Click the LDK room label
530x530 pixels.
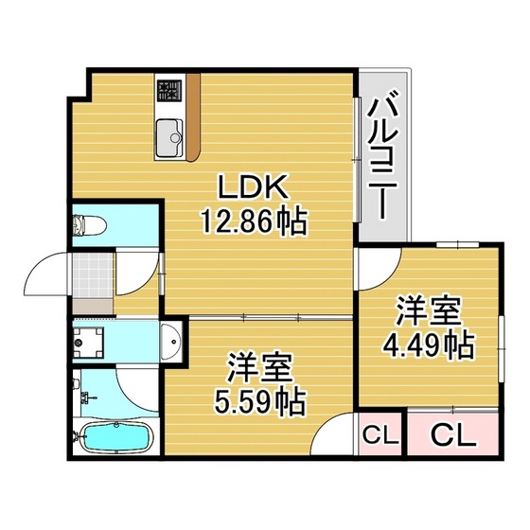[254, 186]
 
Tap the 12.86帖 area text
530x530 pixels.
[255, 221]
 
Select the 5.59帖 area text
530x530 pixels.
[260, 402]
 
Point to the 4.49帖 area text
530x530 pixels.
[429, 346]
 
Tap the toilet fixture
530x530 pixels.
[89, 223]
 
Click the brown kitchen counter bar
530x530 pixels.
[193, 117]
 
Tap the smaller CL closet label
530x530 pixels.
[380, 435]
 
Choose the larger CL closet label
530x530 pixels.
[453, 436]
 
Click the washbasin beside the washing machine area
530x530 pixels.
[171, 341]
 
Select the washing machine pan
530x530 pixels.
[88, 343]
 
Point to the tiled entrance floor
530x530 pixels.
[93, 274]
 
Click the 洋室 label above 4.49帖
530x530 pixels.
[428, 311]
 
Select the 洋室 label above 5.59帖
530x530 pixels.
[259, 367]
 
